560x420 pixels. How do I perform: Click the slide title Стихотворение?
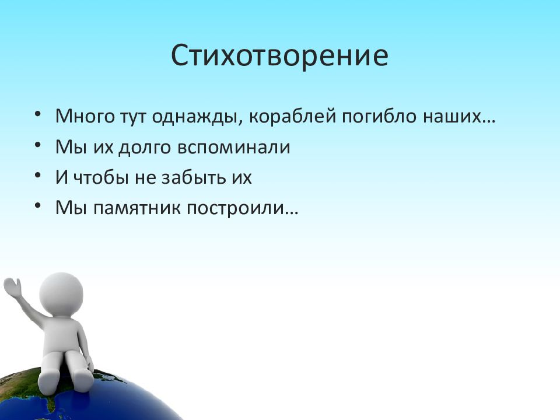[279, 55]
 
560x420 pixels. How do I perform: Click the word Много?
[85, 117]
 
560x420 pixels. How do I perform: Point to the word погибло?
[379, 117]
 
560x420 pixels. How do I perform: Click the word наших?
[453, 117]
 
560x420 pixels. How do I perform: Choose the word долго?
[145, 148]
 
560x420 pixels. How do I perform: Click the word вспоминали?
[233, 148]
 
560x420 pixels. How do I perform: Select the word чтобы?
[101, 177]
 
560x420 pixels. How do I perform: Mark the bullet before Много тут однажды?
[38, 114]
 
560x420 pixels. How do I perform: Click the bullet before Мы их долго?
[38, 145]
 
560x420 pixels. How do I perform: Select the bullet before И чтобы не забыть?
[38, 176]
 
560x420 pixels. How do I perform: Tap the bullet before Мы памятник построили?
[38, 206]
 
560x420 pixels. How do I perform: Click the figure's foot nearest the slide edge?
[48, 382]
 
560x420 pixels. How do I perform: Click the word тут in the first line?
[133, 117]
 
